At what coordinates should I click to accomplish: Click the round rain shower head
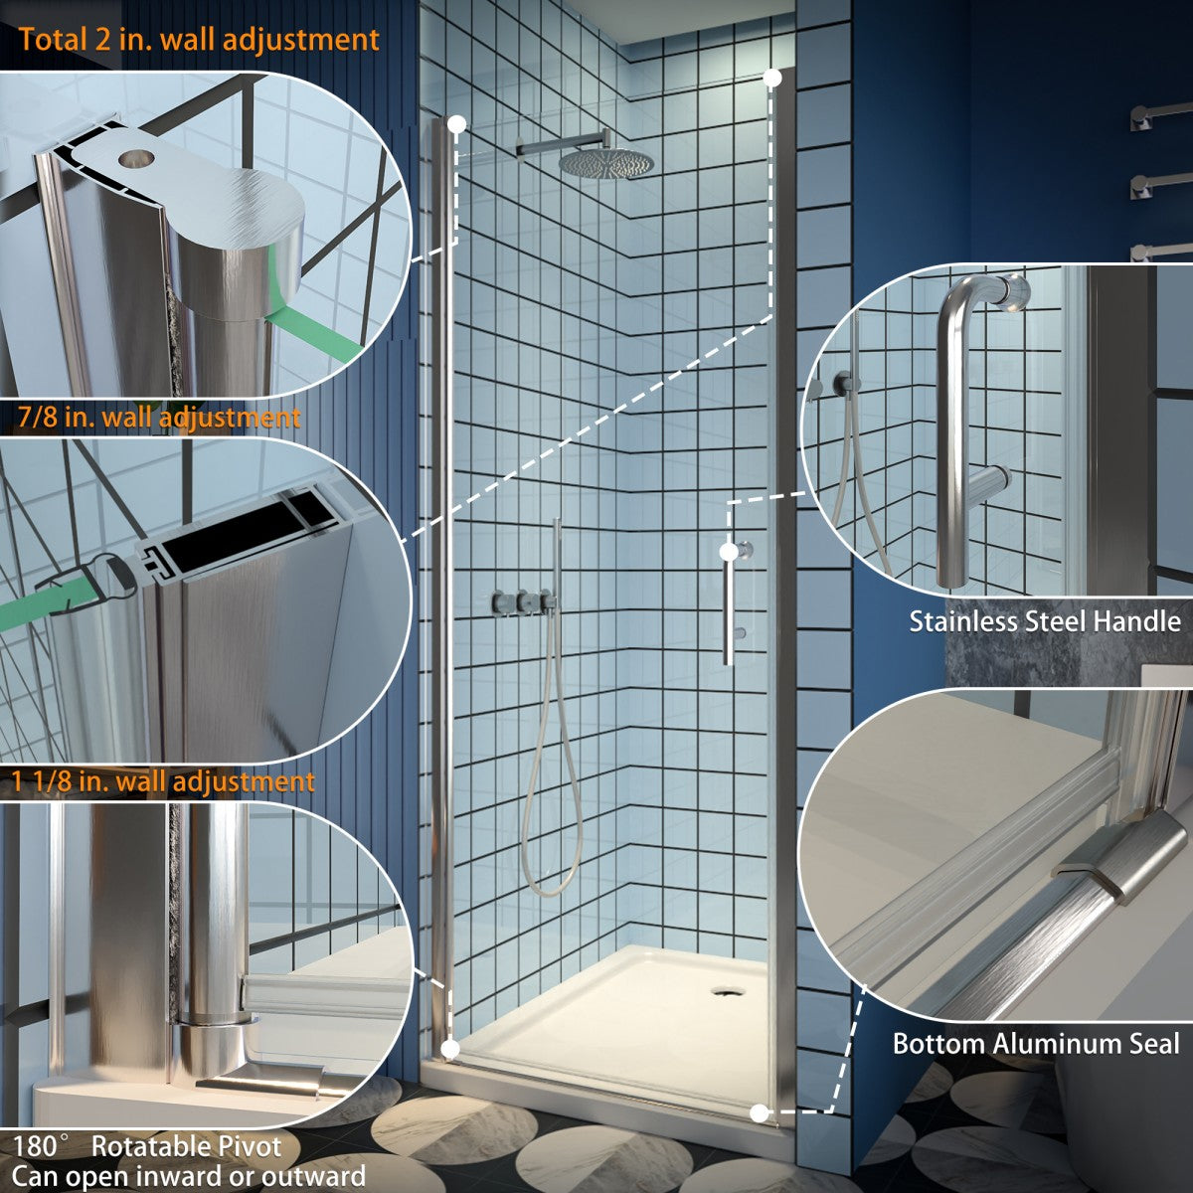pos(605,163)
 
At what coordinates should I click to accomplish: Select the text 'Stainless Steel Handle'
pos(1045,622)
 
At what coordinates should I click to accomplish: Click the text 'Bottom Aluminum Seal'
pos(1035,1044)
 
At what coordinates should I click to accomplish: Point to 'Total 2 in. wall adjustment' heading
pos(199,40)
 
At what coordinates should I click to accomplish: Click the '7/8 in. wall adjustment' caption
pos(159,418)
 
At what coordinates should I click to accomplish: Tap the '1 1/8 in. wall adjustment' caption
pos(164,781)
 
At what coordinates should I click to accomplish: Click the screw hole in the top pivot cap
pos(135,158)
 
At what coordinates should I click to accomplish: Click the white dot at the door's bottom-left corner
pos(449,1048)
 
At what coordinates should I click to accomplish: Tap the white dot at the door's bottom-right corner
pos(759,1112)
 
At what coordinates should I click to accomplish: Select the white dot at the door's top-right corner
pos(773,76)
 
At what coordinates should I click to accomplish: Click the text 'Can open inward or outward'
pos(189,1177)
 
